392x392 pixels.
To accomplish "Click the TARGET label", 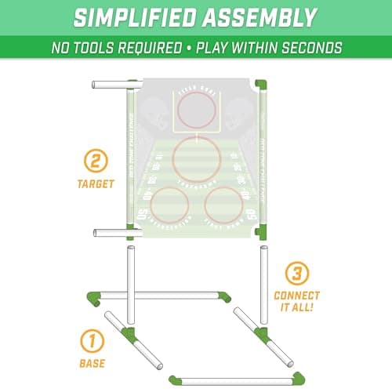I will point(95,183).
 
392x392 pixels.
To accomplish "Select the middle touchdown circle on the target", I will point(196,158).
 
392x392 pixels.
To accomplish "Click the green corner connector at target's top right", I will point(261,83).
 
